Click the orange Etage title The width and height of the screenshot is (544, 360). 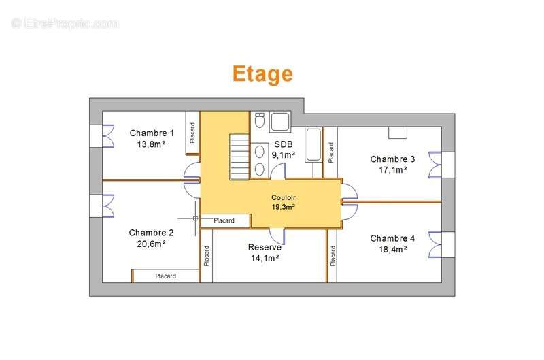pyautogui.click(x=262, y=74)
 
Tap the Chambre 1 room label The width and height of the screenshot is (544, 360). pyautogui.click(x=152, y=133)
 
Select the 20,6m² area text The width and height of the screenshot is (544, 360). pyautogui.click(x=151, y=244)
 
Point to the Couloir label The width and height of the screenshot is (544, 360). pyautogui.click(x=284, y=197)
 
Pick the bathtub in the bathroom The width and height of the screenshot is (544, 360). pyautogui.click(x=313, y=145)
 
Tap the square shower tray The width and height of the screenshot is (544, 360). pyautogui.click(x=280, y=122)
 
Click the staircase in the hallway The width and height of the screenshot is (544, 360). pyautogui.click(x=239, y=157)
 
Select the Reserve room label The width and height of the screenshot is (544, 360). pyautogui.click(x=265, y=247)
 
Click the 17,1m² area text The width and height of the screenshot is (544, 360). pyautogui.click(x=393, y=169)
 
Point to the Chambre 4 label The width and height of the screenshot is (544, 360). pyautogui.click(x=392, y=238)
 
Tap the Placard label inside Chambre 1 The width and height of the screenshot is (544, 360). pyautogui.click(x=192, y=133)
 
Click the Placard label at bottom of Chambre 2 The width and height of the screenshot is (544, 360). pyautogui.click(x=165, y=276)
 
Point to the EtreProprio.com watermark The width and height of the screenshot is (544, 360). pyautogui.click(x=65, y=24)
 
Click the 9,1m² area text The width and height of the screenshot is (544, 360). pyautogui.click(x=283, y=155)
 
